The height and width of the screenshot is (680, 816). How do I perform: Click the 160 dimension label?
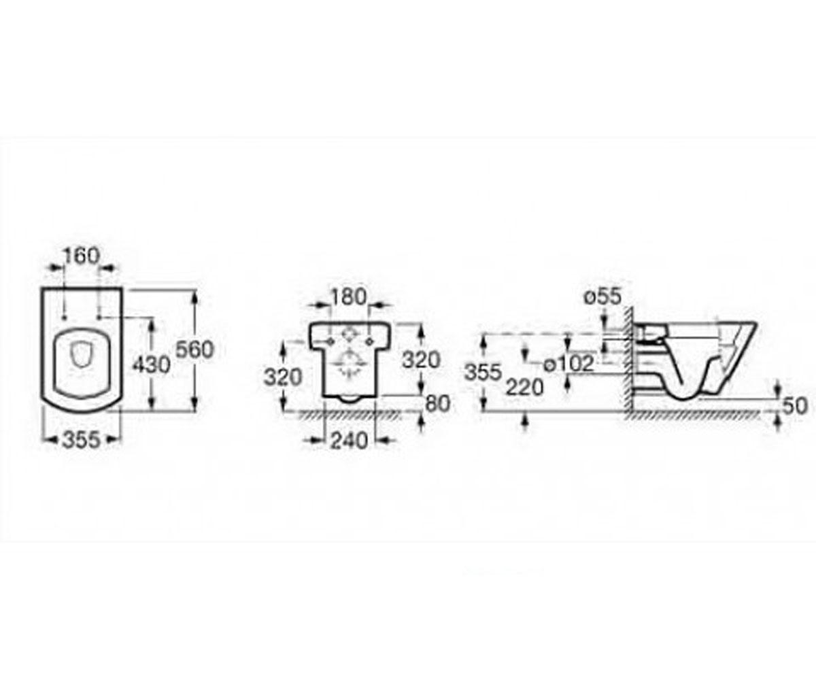pyautogui.click(x=82, y=256)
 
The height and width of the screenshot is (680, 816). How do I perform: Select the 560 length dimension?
pyautogui.click(x=194, y=350)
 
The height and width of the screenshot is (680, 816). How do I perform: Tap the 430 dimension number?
pyautogui.click(x=152, y=365)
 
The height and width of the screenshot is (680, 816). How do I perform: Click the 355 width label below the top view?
pyautogui.click(x=82, y=440)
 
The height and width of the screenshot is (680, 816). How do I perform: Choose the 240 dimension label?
pyautogui.click(x=350, y=441)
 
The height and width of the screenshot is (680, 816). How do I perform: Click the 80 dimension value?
pyautogui.click(x=438, y=404)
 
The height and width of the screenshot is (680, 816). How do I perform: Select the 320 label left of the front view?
pyautogui.click(x=283, y=377)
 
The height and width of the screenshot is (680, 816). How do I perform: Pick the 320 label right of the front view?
pyautogui.click(x=422, y=360)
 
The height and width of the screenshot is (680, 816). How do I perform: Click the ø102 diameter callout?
pyautogui.click(x=569, y=364)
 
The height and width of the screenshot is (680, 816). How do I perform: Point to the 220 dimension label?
pyautogui.click(x=525, y=388)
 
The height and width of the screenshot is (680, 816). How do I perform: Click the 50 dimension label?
pyautogui.click(x=795, y=406)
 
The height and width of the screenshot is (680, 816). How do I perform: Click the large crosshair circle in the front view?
pyautogui.click(x=349, y=364)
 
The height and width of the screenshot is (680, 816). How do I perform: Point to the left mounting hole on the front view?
pyautogui.click(x=330, y=341)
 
